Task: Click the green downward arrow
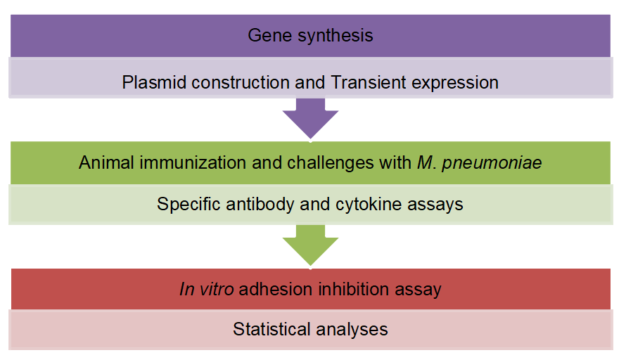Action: [310, 245]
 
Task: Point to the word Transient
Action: [366, 82]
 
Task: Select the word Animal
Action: [103, 162]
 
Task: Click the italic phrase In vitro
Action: [206, 289]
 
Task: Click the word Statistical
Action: [270, 329]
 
